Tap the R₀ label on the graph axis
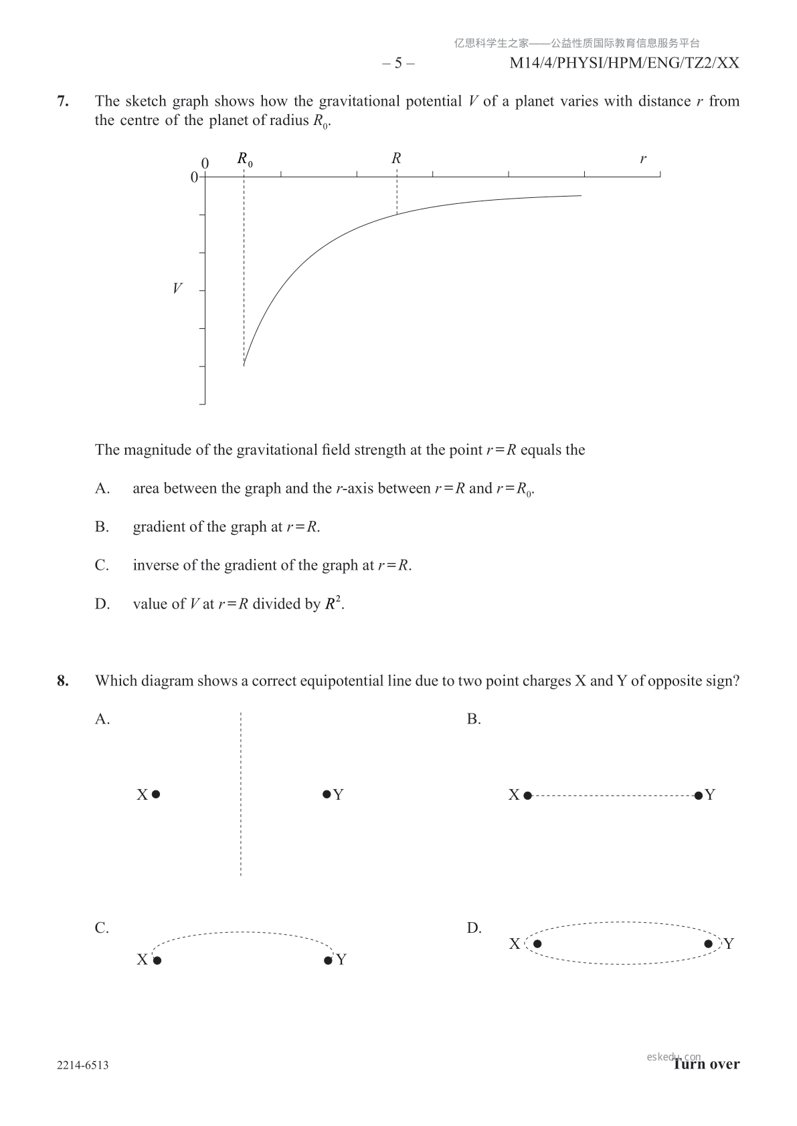245,160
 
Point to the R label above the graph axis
396,158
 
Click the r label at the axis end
643,159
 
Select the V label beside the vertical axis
177,289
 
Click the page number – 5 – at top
398,64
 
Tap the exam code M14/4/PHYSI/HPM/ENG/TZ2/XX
624,64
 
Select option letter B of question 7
102,527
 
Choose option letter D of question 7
102,604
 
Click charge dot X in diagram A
156,794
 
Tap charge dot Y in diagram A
327,794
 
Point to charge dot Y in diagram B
699,795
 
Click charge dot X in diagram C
157,961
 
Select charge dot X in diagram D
537,944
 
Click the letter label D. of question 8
474,928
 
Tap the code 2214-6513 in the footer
83,1065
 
